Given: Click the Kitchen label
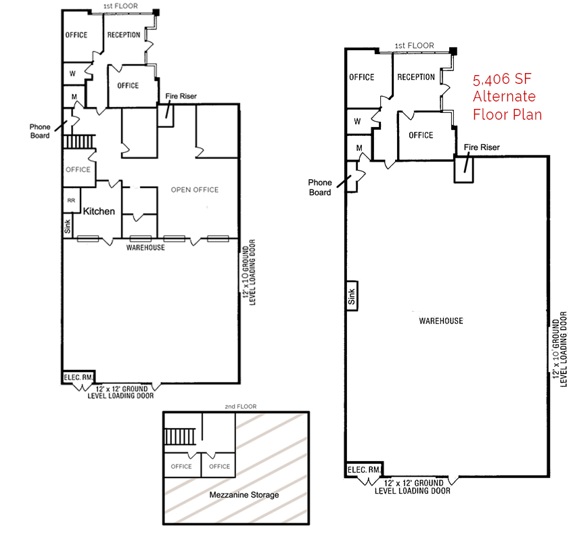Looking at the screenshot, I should click(x=99, y=211).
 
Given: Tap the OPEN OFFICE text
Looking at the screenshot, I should click(x=195, y=190).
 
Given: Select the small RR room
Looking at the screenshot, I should click(x=70, y=201).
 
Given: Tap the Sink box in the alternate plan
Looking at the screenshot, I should click(x=351, y=295).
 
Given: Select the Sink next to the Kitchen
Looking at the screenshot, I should click(x=67, y=228).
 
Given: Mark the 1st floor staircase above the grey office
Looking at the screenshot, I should click(x=78, y=142).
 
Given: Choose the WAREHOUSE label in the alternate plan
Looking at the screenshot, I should click(x=440, y=321).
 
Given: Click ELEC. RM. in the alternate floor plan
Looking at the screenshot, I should click(x=365, y=470).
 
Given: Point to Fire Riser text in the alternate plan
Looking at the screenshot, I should click(x=481, y=147).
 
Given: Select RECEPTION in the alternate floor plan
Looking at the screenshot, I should click(x=416, y=77).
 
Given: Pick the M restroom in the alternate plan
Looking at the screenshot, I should click(x=359, y=147).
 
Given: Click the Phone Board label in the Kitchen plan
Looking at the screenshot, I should click(x=40, y=131).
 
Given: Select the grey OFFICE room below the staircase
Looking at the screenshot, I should click(x=78, y=170).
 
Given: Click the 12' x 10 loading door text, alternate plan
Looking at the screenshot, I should click(x=559, y=350).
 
